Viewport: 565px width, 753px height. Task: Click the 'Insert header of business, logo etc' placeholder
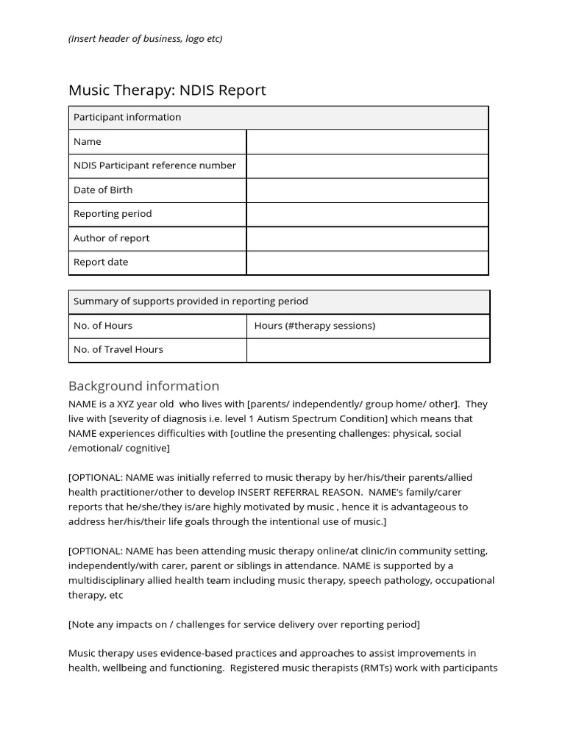pos(145,38)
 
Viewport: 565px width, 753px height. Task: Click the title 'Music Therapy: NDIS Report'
pos(167,90)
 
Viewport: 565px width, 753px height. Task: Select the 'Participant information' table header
pos(127,118)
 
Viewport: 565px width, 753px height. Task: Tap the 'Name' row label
pos(88,142)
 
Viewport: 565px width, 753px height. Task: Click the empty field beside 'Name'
pos(366,142)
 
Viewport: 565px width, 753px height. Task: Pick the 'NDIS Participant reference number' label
pos(154,165)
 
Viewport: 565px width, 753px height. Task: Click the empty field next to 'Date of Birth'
pos(366,190)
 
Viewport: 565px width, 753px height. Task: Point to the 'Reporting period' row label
pos(113,214)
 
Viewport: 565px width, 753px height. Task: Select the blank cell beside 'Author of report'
pos(366,238)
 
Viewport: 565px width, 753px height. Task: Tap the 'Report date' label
pos(101,263)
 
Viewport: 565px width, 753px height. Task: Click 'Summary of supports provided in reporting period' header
pos(191,301)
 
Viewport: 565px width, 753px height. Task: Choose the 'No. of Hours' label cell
pos(103,326)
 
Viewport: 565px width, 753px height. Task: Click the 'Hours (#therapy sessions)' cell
pos(315,326)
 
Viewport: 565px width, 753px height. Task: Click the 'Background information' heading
pos(143,386)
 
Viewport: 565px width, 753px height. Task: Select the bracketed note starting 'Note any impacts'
pos(244,624)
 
